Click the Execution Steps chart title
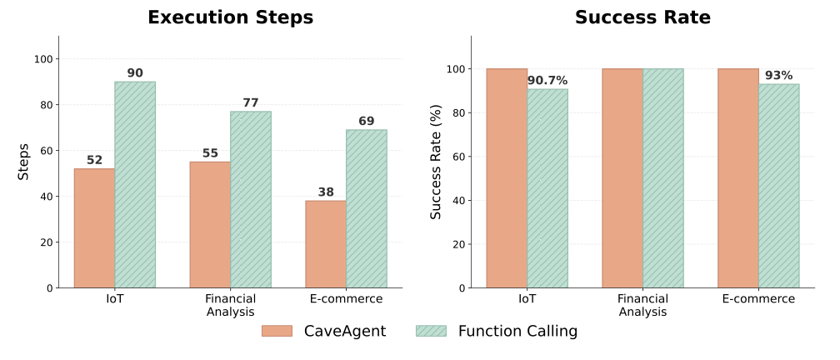coord(230,17)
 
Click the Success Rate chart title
coord(642,17)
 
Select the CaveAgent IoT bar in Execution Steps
coord(94,228)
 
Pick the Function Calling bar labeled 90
coord(135,185)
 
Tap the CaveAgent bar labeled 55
coord(210,225)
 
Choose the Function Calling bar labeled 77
coord(251,200)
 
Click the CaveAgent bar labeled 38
coord(326,244)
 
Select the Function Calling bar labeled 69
coord(367,208)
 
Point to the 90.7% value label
coord(547,80)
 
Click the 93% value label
coord(779,75)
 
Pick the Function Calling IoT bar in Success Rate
coord(547,188)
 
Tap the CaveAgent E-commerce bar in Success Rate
coord(738,178)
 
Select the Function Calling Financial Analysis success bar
coord(663,178)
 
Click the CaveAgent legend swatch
coord(277,331)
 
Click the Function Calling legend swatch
coord(431,331)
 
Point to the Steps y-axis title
coord(23,162)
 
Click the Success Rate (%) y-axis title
coord(436,162)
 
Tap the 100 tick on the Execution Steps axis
coord(43,59)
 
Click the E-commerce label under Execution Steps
coord(346,299)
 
